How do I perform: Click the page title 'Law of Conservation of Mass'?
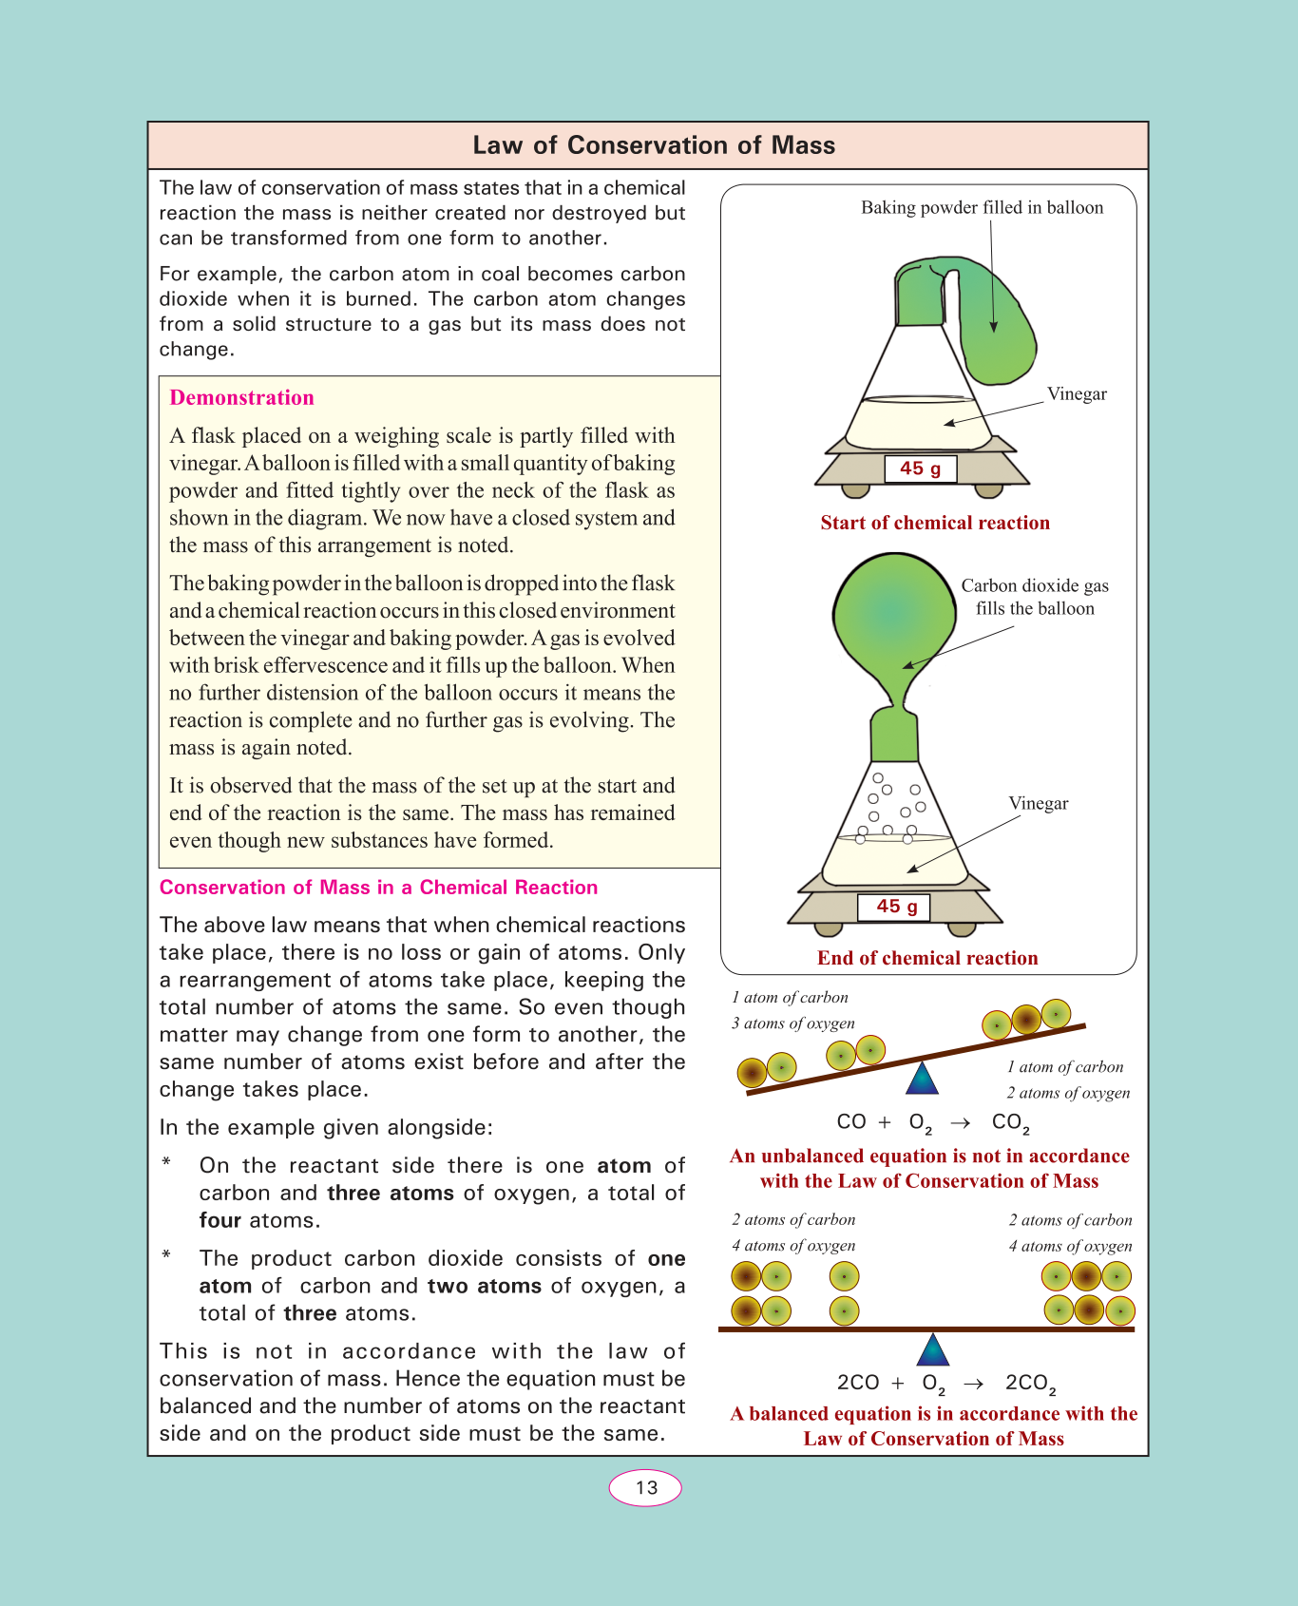pos(654,145)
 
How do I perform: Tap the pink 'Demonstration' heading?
pos(241,398)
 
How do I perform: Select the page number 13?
pos(646,1488)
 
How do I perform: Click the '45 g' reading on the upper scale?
pos(920,468)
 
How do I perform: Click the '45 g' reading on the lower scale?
pos(896,907)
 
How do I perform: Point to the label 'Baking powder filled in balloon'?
pos(982,208)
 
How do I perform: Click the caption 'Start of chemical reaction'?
pos(935,523)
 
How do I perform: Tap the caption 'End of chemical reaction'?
pos(927,958)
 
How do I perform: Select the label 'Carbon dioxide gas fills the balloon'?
pos(1035,597)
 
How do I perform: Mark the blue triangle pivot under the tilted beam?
pos(922,1078)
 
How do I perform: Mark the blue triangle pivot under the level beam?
pos(933,1349)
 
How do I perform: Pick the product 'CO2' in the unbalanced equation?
pos(1010,1122)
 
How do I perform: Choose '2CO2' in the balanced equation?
pos(1030,1384)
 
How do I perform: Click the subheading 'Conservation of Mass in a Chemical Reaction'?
pos(378,888)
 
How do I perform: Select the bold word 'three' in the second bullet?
pos(310,1313)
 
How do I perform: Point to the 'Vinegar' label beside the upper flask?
pos(1077,394)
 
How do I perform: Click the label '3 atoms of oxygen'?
pos(792,1023)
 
